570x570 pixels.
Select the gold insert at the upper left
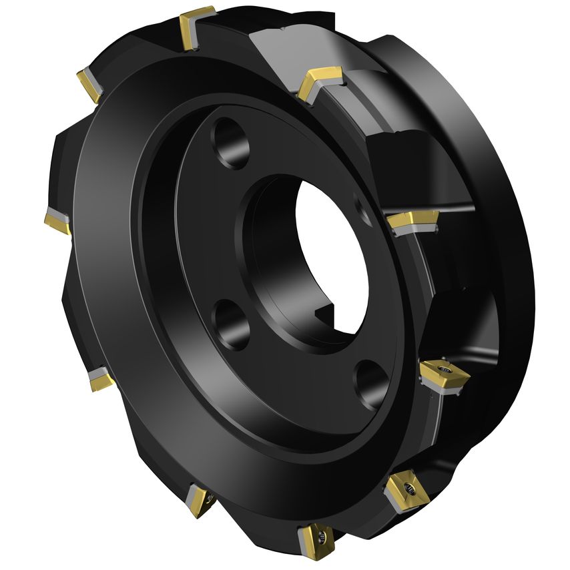89,83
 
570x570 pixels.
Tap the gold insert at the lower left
100,380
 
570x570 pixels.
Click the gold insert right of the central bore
411,221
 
